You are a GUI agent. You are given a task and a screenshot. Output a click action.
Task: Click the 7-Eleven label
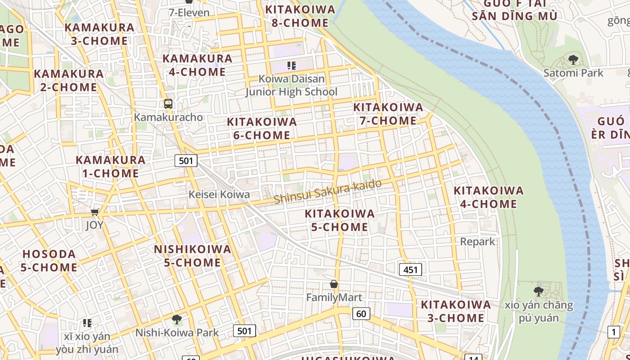189,13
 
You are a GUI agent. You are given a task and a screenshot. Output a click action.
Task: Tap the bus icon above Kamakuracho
168,104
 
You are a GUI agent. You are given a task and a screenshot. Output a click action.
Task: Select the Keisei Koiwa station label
219,194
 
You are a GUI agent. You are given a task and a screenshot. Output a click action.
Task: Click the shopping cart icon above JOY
94,212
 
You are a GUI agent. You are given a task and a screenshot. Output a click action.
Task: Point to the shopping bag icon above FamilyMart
334,284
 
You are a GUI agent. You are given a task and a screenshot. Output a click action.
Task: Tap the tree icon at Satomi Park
573,59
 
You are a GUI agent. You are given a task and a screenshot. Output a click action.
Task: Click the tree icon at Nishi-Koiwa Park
177,319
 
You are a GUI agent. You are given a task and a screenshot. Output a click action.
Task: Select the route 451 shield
410,270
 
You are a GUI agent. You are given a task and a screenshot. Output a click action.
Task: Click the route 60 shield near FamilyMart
361,314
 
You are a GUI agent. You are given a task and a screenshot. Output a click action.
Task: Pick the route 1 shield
613,333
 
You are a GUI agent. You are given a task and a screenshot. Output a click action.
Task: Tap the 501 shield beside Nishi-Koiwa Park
244,331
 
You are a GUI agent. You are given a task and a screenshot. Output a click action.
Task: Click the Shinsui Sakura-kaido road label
328,191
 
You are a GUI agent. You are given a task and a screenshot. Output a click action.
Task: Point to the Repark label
477,242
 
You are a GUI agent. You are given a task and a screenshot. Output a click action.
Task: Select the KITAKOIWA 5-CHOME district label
340,220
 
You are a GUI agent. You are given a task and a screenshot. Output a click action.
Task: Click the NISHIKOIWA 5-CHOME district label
193,256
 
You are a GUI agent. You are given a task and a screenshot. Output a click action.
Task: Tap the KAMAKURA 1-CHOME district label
110,166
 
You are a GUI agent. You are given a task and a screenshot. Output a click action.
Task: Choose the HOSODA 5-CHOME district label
49,261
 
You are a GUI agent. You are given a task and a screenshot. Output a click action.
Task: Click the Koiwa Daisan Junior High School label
292,85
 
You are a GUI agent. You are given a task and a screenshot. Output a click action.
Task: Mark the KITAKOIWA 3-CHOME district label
455,311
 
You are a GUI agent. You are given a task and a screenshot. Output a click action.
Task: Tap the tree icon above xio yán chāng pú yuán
538,291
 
